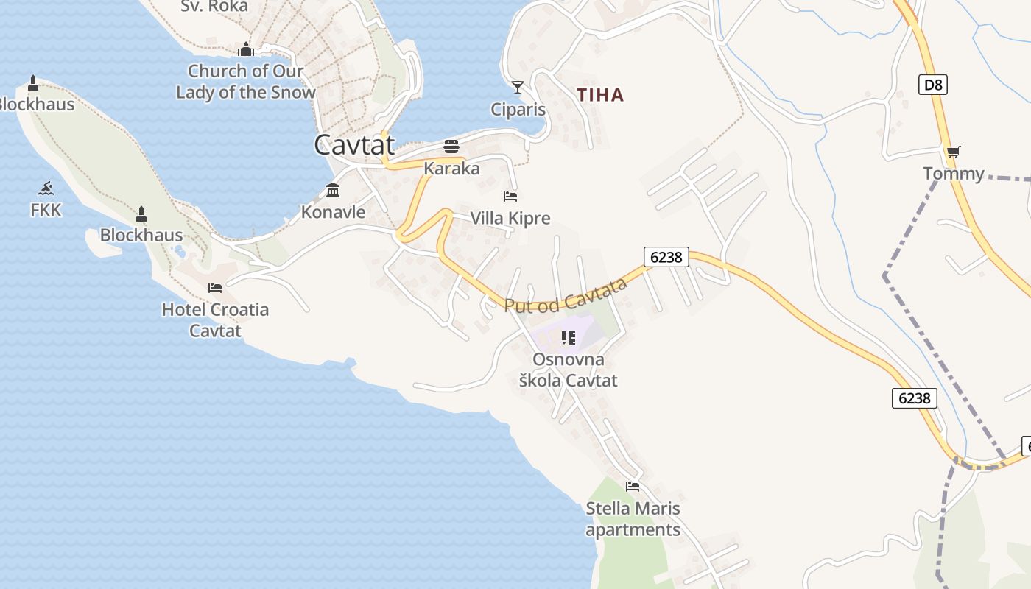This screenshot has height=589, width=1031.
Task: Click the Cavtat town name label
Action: point(354,144)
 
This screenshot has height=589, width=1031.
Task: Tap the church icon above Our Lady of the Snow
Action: point(246,50)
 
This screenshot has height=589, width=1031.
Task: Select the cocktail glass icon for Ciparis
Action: point(518,88)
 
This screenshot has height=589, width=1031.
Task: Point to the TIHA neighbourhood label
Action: point(600,95)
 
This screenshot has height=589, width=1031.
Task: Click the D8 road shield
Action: point(933,85)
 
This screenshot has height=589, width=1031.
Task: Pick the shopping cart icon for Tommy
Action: point(953,152)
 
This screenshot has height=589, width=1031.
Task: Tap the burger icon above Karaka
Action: point(451,146)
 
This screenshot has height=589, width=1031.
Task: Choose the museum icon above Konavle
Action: point(333,190)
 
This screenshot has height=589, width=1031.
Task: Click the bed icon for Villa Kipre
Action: point(510,197)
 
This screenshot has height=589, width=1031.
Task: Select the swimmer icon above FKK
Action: point(46,188)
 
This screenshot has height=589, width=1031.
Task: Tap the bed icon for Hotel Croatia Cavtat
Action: point(215,287)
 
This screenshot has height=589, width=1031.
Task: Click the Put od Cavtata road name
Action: point(566,294)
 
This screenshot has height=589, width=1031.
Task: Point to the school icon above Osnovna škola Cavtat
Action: point(568,338)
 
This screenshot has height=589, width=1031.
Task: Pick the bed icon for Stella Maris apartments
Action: point(633,487)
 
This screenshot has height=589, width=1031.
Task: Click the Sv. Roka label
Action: point(214,7)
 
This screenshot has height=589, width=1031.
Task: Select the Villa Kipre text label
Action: point(510,219)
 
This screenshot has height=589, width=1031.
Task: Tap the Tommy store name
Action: point(954,174)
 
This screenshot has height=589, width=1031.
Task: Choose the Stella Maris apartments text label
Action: point(633,519)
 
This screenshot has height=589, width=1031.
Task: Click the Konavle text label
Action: point(333,212)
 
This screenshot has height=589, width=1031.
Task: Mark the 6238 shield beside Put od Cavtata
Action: point(666,257)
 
